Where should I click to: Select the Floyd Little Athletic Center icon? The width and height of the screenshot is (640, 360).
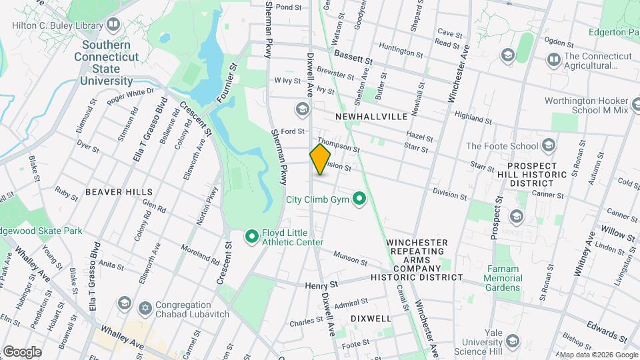tap(252, 236)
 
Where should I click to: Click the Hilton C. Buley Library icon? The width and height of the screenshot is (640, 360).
tap(113, 26)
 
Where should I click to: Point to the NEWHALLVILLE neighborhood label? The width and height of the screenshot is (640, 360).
tap(371, 116)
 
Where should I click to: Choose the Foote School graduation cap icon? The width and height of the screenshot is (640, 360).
tap(549, 145)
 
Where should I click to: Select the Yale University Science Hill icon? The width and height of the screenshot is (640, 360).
tap(512, 342)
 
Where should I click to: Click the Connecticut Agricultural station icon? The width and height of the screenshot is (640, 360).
tap(553, 60)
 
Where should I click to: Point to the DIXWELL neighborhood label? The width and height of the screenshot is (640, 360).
tap(370, 319)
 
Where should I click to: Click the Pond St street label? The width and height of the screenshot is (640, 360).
tap(289, 7)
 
